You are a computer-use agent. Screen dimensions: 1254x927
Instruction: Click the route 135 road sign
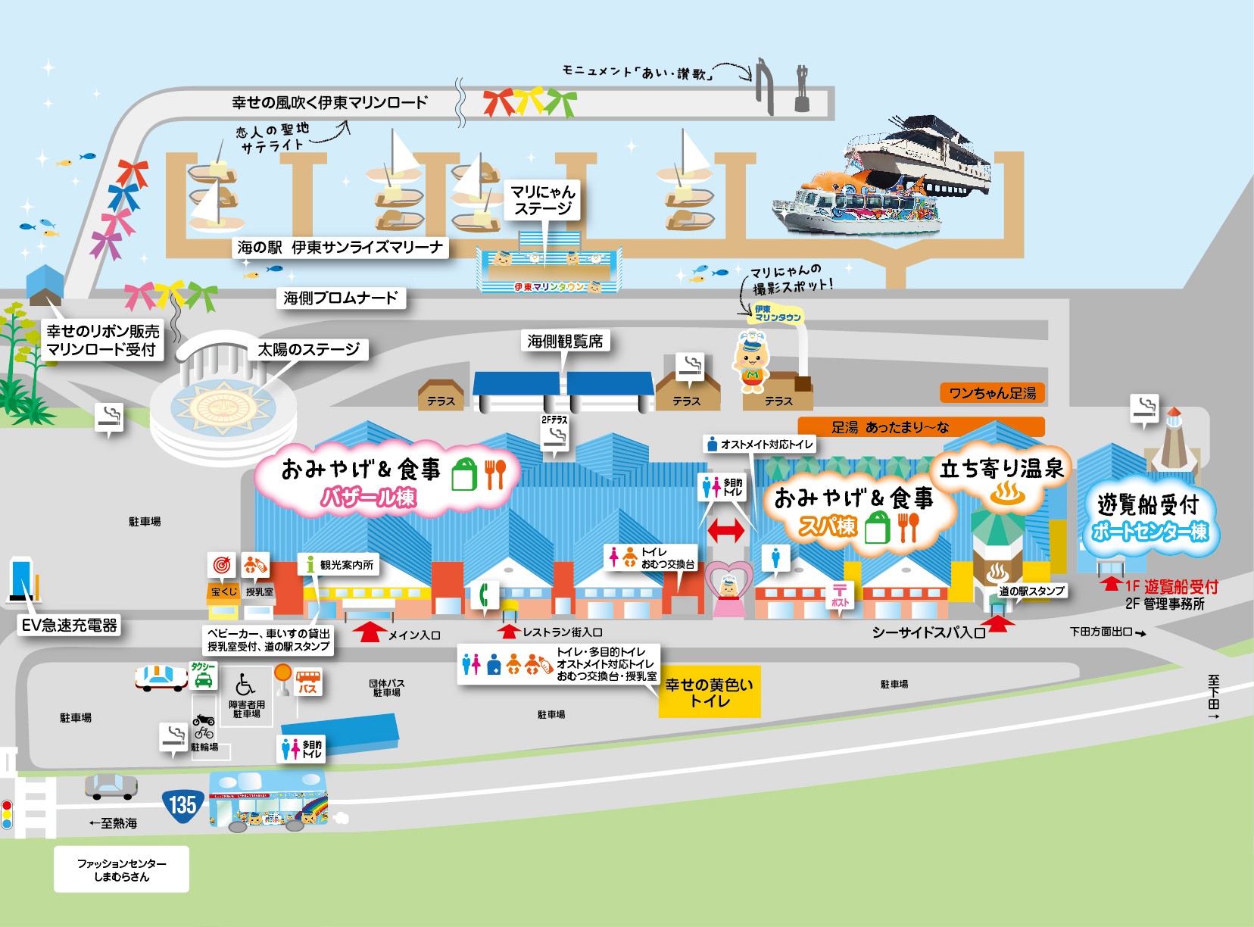182,804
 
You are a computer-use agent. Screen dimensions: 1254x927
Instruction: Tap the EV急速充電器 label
70,625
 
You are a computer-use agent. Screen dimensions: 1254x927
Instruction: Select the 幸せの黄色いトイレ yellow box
709,691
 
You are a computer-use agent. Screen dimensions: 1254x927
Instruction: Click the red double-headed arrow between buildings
725,531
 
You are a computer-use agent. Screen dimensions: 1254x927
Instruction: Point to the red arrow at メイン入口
369,632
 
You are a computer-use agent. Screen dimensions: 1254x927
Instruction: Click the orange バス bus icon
307,682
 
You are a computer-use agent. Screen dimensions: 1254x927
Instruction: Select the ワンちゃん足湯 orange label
992,393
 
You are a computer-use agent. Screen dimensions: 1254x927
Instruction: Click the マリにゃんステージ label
542,200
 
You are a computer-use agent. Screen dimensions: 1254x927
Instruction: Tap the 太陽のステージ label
308,349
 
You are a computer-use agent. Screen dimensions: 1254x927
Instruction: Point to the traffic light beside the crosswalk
7,814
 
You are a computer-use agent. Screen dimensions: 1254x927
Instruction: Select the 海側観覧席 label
565,342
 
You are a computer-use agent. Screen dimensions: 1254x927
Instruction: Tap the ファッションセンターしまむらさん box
121,869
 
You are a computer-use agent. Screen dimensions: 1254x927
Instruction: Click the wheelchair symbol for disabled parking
245,685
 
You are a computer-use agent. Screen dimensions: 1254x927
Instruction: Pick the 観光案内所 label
338,564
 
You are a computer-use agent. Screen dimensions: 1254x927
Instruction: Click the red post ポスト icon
840,594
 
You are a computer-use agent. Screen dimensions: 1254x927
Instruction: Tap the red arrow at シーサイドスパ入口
1000,623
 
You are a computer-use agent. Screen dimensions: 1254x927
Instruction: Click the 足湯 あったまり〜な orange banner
921,427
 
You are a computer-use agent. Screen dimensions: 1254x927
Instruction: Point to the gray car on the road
111,787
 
